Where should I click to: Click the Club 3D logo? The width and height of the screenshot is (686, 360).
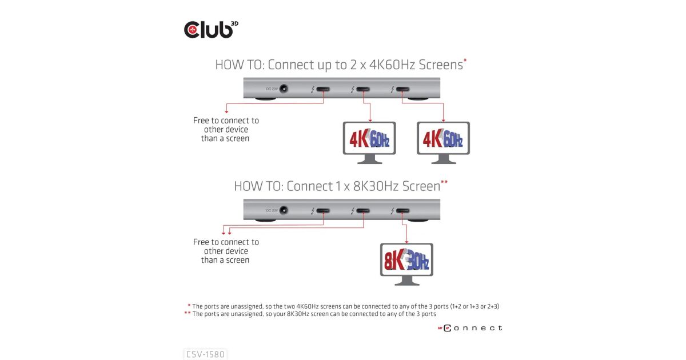(x=211, y=29)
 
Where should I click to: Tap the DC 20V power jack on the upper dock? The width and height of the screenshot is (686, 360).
(x=284, y=89)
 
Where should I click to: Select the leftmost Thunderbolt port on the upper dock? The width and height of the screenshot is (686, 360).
(x=323, y=89)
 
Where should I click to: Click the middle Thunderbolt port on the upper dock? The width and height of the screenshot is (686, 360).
(x=363, y=89)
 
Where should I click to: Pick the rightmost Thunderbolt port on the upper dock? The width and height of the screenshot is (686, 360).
(x=402, y=89)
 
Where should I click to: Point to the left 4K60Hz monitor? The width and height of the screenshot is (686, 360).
(x=369, y=142)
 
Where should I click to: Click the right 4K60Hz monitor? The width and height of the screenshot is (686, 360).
(x=443, y=142)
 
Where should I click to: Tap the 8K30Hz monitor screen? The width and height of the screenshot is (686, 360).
(x=406, y=260)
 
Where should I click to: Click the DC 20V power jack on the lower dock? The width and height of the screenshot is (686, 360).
(x=284, y=210)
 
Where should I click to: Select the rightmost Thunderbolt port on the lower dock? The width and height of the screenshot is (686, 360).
(x=402, y=211)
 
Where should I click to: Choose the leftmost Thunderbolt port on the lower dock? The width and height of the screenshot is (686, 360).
(x=323, y=211)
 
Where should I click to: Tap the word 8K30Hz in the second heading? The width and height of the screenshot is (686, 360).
(x=376, y=186)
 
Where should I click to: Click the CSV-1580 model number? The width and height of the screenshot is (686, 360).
(x=205, y=354)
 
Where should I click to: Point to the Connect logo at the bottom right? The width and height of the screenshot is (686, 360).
(x=470, y=328)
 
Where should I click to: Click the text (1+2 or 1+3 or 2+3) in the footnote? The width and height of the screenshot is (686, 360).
(x=474, y=306)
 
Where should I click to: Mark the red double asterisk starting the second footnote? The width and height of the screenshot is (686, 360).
(x=187, y=313)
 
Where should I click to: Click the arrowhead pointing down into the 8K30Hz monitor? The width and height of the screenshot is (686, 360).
(x=406, y=242)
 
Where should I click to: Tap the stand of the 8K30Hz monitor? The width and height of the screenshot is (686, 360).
(x=406, y=281)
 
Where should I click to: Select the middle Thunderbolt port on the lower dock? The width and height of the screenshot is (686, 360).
(x=363, y=211)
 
